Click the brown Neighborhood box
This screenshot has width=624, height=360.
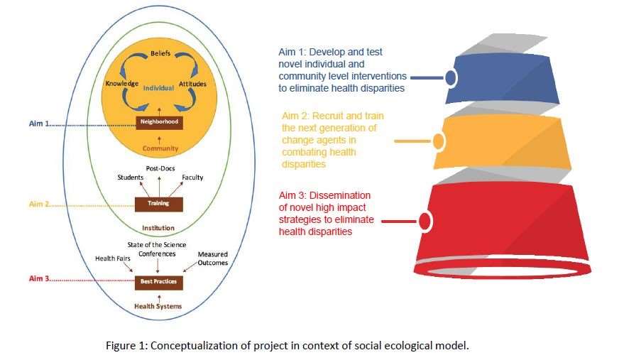[x=160, y=123]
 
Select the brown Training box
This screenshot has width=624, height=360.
[x=160, y=204]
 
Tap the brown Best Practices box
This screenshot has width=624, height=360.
[x=160, y=282]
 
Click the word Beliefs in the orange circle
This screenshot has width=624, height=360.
[x=160, y=54]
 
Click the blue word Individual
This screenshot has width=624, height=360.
[x=159, y=89]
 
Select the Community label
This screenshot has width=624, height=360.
[x=160, y=148]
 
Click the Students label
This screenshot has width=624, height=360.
[x=131, y=178]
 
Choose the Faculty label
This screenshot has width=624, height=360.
[x=192, y=178]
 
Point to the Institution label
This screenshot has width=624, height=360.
[x=159, y=229]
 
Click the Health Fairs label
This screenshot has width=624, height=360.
[x=113, y=258]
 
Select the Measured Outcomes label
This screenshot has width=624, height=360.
[x=212, y=258]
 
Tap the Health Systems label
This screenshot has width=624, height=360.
[x=159, y=306]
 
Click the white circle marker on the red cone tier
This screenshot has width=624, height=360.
[x=425, y=222]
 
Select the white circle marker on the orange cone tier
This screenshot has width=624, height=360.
[x=438, y=141]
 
